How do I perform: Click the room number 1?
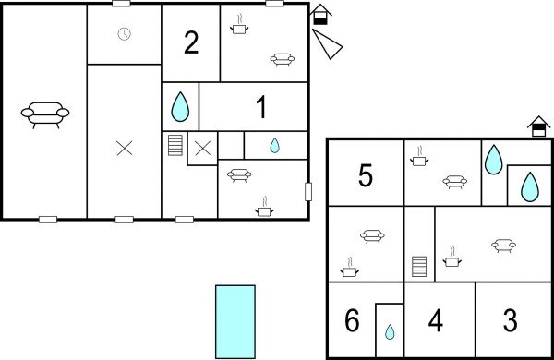click(261, 108)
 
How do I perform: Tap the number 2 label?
click(191, 43)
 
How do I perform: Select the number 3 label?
click(511, 321)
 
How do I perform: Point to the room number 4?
click(436, 321)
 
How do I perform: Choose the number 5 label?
click(366, 175)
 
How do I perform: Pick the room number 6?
click(351, 321)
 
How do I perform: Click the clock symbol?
click(125, 34)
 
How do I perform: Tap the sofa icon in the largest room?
click(45, 114)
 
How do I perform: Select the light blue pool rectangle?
click(235, 320)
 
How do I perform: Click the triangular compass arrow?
click(327, 43)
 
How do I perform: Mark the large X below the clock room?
click(125, 148)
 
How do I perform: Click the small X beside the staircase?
click(202, 148)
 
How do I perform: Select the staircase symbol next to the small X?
click(175, 147)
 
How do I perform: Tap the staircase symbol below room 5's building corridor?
click(420, 267)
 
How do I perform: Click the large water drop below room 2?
click(180, 107)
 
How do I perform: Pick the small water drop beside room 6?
click(390, 331)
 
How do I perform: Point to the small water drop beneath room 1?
click(274, 145)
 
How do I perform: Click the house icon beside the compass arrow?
click(319, 15)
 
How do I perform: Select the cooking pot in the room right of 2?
click(240, 25)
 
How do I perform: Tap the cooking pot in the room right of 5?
click(418, 156)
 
